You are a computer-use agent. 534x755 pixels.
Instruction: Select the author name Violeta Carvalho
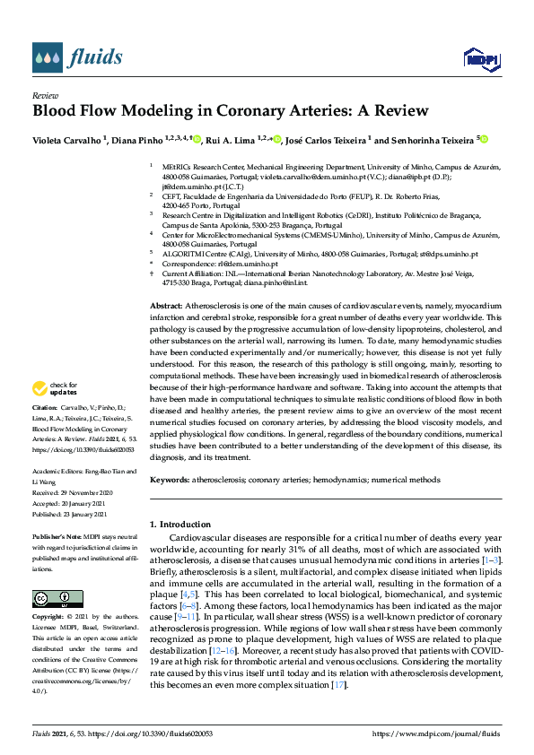[x=67, y=140]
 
